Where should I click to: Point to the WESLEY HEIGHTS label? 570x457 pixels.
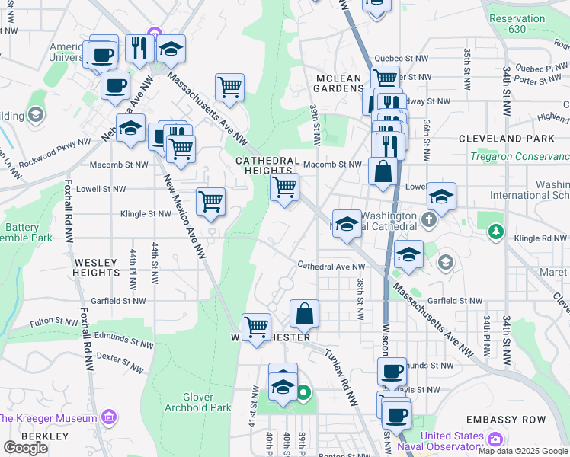[x=97, y=268]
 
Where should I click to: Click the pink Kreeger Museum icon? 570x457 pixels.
[x=108, y=417]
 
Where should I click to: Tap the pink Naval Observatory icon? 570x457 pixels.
[x=495, y=439]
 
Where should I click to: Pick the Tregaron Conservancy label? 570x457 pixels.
[x=519, y=157]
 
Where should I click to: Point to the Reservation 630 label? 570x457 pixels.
[x=517, y=24]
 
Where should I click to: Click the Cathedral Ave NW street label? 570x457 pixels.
[x=331, y=267]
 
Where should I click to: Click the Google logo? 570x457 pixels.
[x=25, y=448]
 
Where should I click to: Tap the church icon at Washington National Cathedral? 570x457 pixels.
[x=429, y=220]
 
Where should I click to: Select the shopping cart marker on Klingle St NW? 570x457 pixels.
[x=210, y=202]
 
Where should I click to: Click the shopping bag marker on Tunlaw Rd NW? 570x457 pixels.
[x=304, y=314]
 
